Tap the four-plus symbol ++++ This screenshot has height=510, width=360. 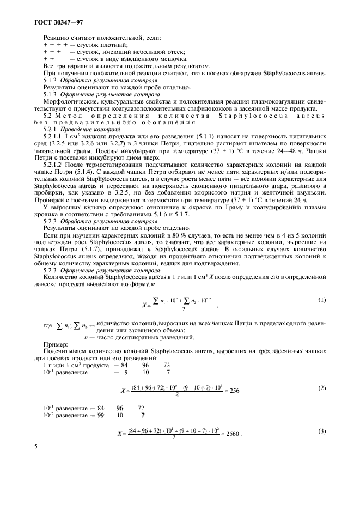click(54, 45)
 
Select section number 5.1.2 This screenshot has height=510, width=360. click(51, 80)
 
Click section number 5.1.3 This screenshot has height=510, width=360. click(51, 94)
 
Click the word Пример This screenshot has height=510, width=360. click(54, 345)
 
